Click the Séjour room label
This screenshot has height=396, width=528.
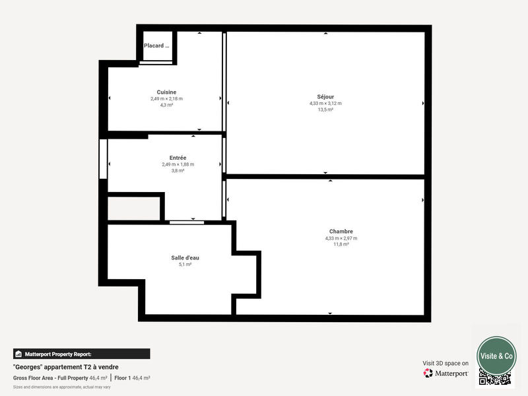[x=325, y=96]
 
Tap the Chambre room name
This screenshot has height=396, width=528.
[x=341, y=231]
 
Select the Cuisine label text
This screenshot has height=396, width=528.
[x=166, y=92]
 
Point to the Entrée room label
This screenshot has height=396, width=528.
[x=178, y=158]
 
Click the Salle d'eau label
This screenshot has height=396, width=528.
[x=185, y=257]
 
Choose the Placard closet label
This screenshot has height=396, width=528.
[x=156, y=46]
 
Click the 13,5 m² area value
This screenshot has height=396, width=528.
[x=325, y=110]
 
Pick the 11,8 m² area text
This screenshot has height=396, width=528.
[x=341, y=244]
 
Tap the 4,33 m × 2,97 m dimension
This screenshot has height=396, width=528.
[x=341, y=238]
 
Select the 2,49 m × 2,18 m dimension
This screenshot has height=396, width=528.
[x=166, y=98]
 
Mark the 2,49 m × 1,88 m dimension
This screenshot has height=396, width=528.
[x=178, y=164]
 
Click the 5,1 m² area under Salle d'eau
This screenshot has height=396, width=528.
[x=185, y=264]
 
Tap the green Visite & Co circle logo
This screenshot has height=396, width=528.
[x=496, y=355]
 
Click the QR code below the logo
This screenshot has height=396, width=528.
[x=495, y=379]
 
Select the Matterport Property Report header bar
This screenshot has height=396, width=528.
[x=81, y=354]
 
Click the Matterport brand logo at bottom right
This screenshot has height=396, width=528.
[x=446, y=373]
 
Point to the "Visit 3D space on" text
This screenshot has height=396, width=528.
[x=445, y=363]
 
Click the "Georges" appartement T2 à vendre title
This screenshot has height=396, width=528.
[x=66, y=367]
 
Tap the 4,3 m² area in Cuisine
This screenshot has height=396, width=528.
[x=166, y=105]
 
